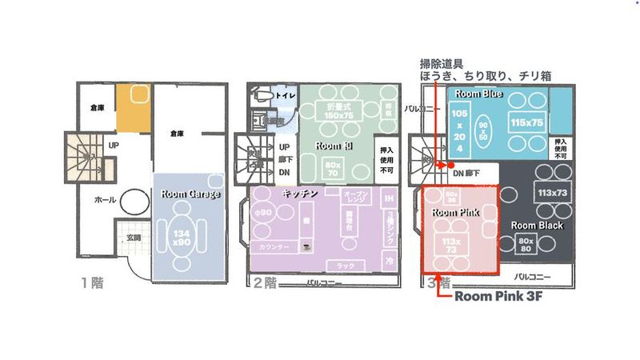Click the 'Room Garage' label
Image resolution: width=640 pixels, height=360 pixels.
(190, 194)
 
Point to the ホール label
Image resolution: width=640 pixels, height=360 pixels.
(105, 199)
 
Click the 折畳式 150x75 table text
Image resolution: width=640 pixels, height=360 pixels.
(335, 111)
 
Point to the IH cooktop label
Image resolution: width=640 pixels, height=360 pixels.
(389, 198)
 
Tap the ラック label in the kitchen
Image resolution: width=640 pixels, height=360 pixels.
(346, 264)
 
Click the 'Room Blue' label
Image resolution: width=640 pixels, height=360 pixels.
(478, 94)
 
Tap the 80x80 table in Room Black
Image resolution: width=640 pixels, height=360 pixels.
(526, 243)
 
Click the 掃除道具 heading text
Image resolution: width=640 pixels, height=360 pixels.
(442, 62)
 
